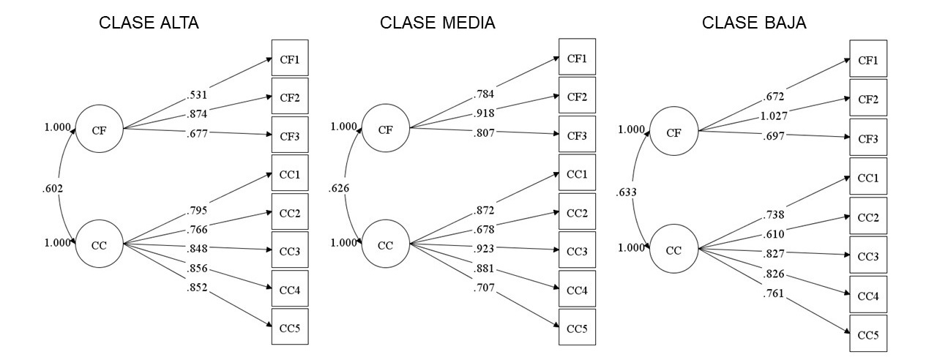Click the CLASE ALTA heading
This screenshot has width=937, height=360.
click(149, 23)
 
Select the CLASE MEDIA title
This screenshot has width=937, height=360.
click(437, 23)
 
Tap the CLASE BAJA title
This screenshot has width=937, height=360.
click(754, 23)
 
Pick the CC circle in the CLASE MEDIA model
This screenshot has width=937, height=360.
click(385, 244)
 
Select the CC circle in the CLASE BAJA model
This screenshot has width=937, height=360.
click(674, 250)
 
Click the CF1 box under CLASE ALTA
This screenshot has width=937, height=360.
click(290, 58)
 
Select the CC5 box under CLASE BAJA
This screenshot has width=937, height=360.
click(868, 334)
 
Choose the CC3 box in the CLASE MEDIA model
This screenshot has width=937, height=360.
click(577, 251)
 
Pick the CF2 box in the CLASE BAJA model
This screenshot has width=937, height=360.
click(868, 100)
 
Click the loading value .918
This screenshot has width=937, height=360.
click(485, 112)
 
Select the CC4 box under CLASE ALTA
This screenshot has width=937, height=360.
click(290, 290)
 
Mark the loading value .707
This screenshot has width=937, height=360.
click(485, 288)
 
